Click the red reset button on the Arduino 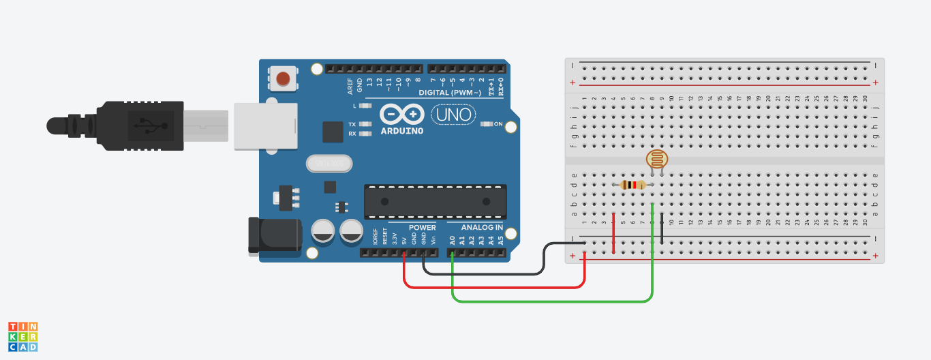point(282,78)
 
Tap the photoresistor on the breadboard point(656,160)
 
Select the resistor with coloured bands point(633,185)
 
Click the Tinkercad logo point(22,337)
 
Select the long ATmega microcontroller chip point(435,202)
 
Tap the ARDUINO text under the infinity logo point(401,130)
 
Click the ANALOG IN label point(482,227)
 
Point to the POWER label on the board point(422,227)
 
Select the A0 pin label point(453,240)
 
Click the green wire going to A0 point(545,301)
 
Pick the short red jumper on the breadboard point(614,233)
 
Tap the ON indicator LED point(487,124)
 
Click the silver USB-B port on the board point(266,125)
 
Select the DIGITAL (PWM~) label point(449,92)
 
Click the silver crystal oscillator point(330,164)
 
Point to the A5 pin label point(501,240)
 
